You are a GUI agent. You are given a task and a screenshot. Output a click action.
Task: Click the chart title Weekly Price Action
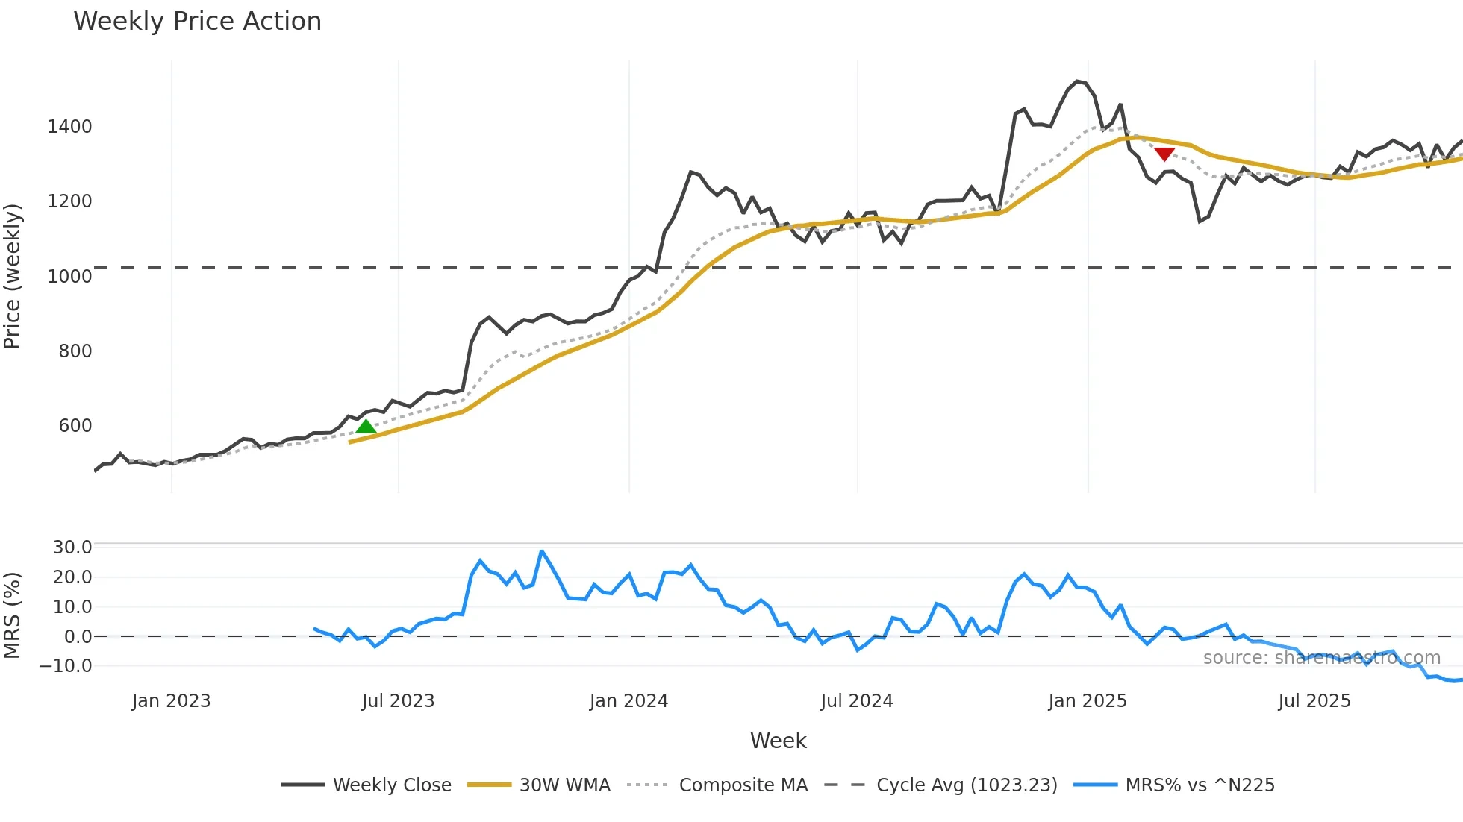[197, 22]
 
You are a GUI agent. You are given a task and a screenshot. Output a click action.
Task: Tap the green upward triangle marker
[366, 427]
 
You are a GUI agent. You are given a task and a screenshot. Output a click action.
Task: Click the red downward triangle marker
[1164, 154]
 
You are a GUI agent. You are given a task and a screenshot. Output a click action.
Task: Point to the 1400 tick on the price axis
[69, 127]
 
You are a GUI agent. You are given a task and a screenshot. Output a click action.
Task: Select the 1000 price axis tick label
[69, 277]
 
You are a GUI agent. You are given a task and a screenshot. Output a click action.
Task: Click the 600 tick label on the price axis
[75, 426]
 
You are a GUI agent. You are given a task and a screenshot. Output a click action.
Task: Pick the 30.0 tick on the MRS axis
[72, 548]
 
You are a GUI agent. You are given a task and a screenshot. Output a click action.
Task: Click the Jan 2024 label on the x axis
[628, 701]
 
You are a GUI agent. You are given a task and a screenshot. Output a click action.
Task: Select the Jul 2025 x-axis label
[1314, 701]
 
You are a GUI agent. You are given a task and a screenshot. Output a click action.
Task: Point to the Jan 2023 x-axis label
[171, 701]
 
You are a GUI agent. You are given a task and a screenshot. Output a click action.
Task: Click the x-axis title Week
[778, 741]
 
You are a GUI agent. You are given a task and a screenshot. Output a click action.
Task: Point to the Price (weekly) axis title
[13, 276]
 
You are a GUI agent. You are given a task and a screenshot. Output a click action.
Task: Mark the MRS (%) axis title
[13, 615]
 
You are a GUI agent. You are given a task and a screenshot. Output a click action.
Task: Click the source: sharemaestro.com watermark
[1321, 658]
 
